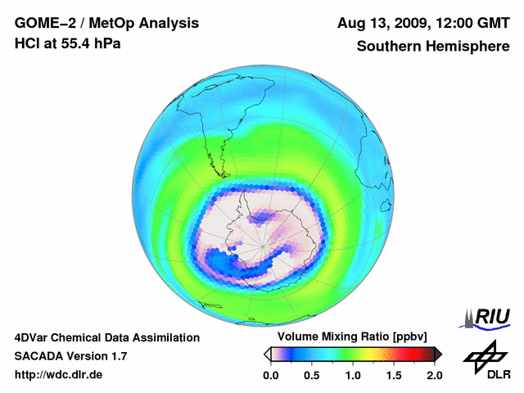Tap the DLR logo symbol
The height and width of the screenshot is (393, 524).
pos(484,355)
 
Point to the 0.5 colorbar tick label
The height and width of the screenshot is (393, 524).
pos(311,375)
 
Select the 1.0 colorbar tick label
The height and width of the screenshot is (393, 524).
pos(352,375)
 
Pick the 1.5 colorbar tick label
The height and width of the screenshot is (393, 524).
pos(394,375)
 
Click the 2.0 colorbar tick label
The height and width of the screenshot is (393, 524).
pos(434,375)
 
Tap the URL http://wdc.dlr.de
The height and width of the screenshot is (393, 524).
pos(59,375)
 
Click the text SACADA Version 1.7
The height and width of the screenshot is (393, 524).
pos(70,356)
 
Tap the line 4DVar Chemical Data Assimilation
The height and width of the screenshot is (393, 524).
pos(107,337)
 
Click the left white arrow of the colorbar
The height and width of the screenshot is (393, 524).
pos(267,354)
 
